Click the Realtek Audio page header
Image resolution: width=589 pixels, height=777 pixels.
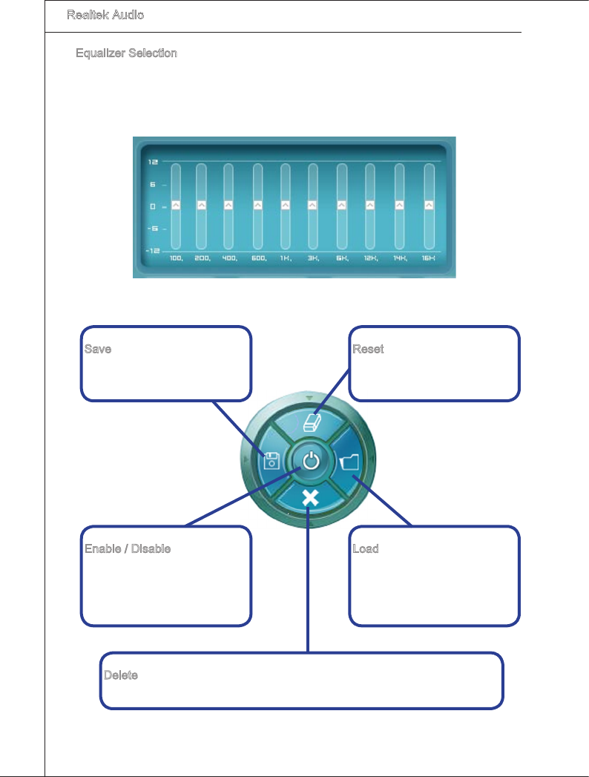point(105,15)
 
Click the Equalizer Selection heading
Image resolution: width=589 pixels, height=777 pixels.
point(126,53)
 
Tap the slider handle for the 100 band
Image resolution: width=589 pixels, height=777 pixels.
point(176,205)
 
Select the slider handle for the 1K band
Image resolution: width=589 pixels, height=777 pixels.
point(285,205)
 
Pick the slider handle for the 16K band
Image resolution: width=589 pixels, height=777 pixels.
point(429,205)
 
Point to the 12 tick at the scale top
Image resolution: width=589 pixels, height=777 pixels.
point(151,161)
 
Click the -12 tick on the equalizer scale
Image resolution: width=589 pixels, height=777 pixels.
point(151,251)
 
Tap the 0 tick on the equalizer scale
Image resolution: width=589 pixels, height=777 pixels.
point(151,206)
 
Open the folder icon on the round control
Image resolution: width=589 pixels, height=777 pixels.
point(349,462)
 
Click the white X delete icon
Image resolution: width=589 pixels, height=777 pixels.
point(311,497)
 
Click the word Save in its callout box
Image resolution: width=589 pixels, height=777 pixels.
point(97,349)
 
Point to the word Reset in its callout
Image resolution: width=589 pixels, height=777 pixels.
point(368,349)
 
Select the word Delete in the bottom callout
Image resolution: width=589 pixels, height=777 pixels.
point(120,676)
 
